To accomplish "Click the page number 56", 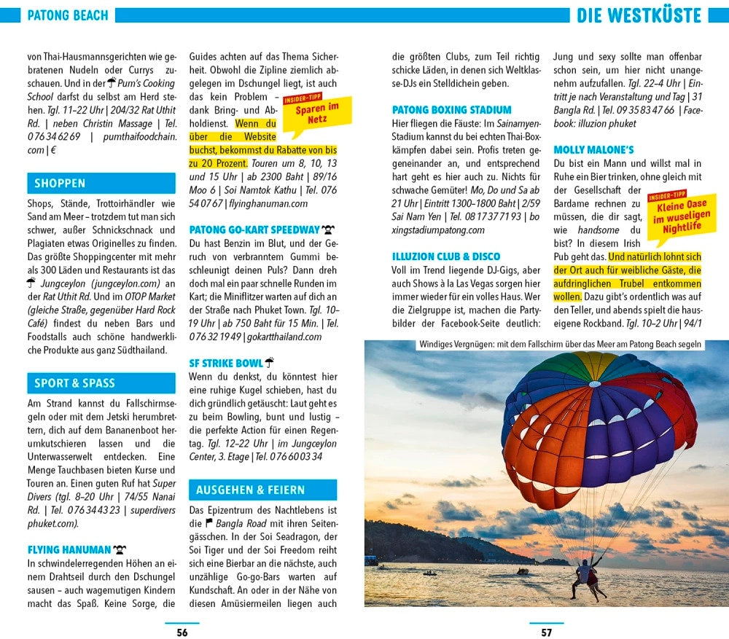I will [182, 632].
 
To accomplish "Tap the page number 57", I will [546, 632].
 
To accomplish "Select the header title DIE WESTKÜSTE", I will [639, 15].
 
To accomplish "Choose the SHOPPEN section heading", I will [60, 184].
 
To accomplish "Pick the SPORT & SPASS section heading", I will [74, 383].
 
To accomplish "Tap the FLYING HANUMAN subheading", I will [69, 549].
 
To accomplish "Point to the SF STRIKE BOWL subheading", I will [225, 363].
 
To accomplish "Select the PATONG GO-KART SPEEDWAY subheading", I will [254, 230].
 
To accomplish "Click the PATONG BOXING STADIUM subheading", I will [452, 110].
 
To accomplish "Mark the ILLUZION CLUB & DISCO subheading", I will [446, 256].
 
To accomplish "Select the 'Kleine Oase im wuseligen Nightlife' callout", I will [680, 216].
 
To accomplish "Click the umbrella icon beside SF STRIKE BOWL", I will [269, 362].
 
